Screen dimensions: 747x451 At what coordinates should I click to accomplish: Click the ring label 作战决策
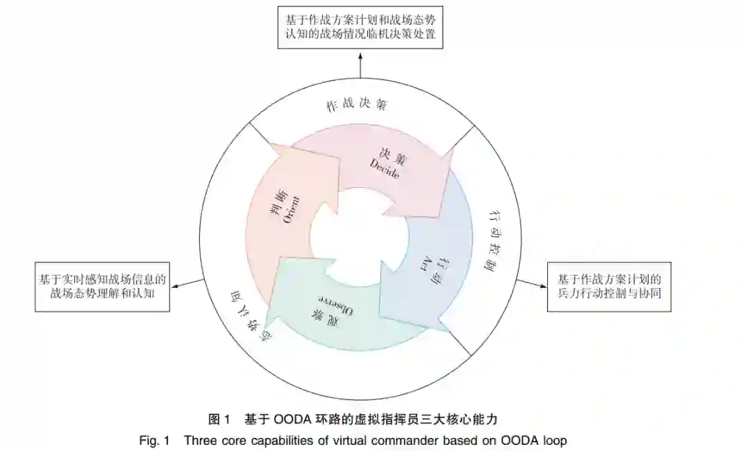click(x=356, y=105)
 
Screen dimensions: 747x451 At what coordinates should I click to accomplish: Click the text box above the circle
click(x=360, y=25)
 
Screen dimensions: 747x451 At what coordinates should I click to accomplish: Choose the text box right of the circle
click(x=609, y=287)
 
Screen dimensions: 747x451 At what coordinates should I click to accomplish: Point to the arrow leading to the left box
click(x=187, y=285)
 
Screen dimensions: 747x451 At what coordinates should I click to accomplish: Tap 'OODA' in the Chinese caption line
click(x=295, y=419)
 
